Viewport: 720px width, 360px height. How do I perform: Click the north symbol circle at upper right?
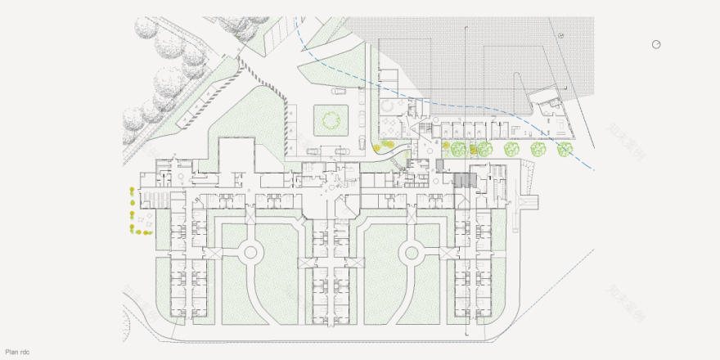[656, 44]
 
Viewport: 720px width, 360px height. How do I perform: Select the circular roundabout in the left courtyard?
[250, 254]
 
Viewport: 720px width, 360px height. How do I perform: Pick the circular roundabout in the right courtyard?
[410, 254]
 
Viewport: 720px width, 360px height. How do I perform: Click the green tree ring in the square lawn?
[332, 121]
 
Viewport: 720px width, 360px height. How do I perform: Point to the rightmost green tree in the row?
[564, 150]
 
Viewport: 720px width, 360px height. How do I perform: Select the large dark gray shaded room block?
[464, 181]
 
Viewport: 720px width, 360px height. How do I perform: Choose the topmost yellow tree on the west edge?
[131, 191]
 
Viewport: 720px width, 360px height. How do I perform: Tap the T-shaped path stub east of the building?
[525, 202]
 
